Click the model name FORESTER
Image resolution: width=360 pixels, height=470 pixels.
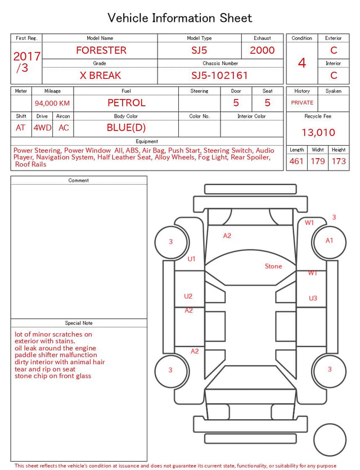(101, 50)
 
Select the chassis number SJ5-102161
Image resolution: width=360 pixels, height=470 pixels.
(219, 75)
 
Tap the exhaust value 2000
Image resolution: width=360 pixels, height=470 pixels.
(262, 50)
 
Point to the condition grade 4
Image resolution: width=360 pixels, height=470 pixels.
(302, 63)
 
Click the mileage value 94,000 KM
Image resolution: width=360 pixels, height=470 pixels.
(52, 104)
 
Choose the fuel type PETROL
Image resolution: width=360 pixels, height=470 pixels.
(127, 103)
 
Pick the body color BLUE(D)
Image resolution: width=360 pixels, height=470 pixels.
(126, 128)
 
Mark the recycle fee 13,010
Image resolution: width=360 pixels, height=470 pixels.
(318, 132)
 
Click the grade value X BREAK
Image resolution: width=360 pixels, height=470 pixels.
(100, 75)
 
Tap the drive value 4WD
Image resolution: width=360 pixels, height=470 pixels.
(42, 128)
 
